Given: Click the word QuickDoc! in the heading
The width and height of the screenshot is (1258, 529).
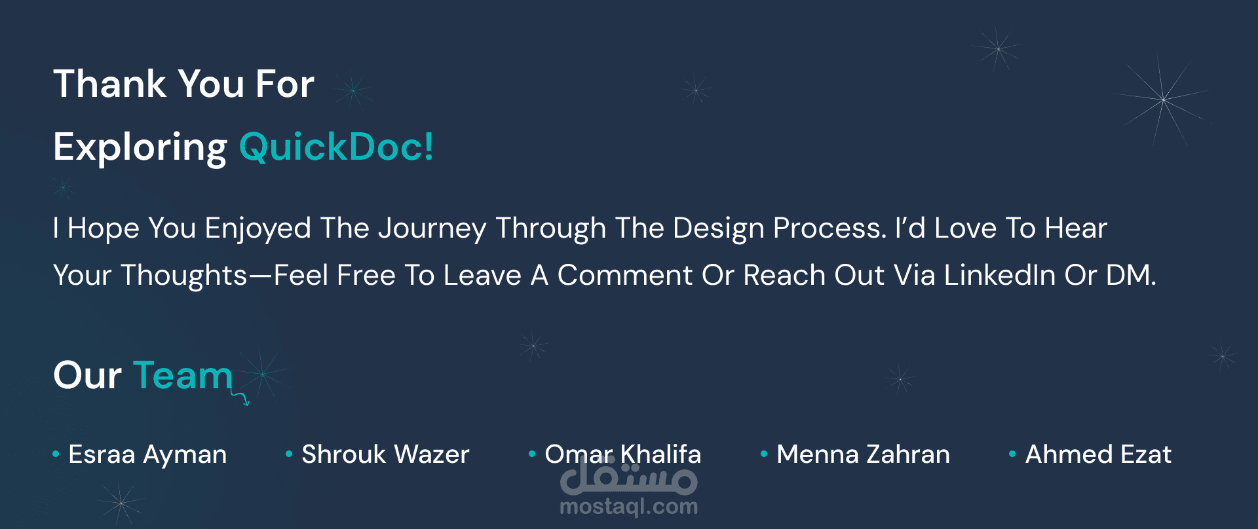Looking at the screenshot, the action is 335,147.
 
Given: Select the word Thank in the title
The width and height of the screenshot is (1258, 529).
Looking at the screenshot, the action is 110,84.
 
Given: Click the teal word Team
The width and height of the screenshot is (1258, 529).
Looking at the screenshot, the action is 183,376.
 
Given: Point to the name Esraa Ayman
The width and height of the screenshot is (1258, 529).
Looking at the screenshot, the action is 147,455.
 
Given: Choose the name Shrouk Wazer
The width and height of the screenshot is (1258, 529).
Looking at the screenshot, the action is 385,454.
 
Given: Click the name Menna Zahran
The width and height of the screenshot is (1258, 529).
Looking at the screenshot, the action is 863,454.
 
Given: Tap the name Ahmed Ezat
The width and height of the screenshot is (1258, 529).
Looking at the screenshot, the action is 1098,454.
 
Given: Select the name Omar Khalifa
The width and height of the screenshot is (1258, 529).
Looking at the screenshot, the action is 623,454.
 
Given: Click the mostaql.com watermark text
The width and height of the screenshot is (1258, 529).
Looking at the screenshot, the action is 629,507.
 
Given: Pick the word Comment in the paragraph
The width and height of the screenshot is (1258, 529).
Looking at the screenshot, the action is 625,276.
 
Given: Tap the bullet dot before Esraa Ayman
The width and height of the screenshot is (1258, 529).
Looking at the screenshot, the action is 56,453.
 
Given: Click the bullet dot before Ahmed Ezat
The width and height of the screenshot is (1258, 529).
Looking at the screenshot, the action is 1012,453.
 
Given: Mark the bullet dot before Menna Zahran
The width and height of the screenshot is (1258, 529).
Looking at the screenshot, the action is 764,453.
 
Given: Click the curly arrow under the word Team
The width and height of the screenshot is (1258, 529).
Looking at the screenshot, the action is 240,397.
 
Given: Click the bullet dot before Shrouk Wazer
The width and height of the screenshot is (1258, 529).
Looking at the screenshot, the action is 289,453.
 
